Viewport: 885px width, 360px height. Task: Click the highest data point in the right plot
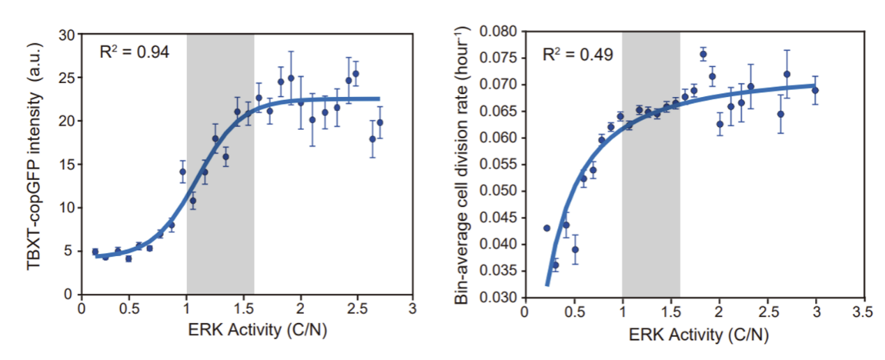[703, 54]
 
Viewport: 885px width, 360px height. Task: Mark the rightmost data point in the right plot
[815, 90]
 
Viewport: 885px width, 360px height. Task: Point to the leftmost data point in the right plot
[547, 227]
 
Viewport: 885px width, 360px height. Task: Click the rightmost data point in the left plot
[379, 122]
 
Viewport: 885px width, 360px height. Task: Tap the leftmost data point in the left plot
[95, 251]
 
